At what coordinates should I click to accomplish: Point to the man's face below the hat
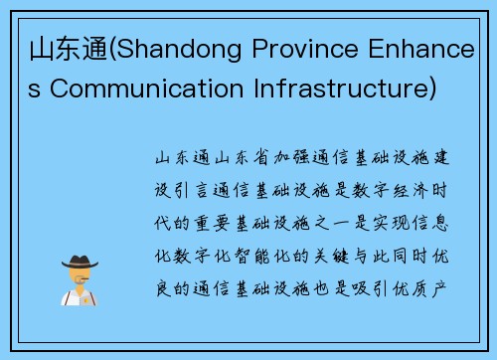coord(79,278)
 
